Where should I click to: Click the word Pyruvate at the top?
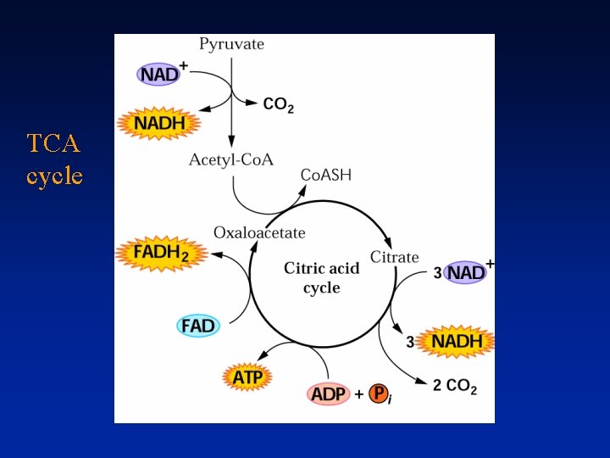(x=231, y=44)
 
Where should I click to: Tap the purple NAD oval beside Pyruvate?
(x=159, y=74)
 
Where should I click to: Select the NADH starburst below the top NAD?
(x=160, y=125)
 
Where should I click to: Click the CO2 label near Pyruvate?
(x=279, y=104)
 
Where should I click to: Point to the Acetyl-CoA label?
(x=231, y=159)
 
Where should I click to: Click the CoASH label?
(x=326, y=176)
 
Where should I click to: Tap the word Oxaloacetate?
(x=259, y=232)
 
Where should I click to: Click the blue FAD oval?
(x=197, y=325)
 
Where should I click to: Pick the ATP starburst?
(x=247, y=375)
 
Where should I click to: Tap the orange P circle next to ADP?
(x=380, y=394)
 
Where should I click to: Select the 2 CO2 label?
(x=455, y=386)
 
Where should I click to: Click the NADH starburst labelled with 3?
(x=457, y=342)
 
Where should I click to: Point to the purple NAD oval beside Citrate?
(x=465, y=272)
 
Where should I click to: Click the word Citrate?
(x=395, y=256)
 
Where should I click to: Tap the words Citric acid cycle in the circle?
(x=321, y=277)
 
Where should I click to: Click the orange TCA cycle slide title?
(x=54, y=159)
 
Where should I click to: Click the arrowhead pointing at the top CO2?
(x=252, y=103)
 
